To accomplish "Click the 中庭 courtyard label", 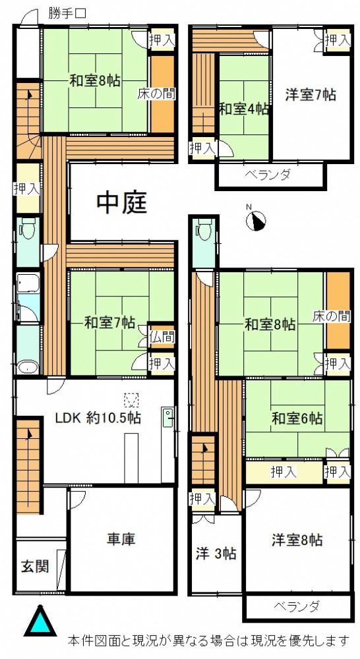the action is click(122, 204).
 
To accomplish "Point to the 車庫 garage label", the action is click(122, 539).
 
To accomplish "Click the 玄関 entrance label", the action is click(35, 566).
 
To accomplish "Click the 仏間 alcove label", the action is click(162, 337).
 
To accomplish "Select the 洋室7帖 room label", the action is click(311, 95).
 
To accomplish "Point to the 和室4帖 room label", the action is click(244, 109).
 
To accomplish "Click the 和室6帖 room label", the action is click(297, 418).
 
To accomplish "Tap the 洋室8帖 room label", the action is click(297, 540).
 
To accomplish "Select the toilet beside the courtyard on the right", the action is click(204, 229).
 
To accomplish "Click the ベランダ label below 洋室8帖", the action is click(297, 606).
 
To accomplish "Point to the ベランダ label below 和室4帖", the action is click(268, 175).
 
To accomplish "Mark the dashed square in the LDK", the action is click(132, 400).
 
